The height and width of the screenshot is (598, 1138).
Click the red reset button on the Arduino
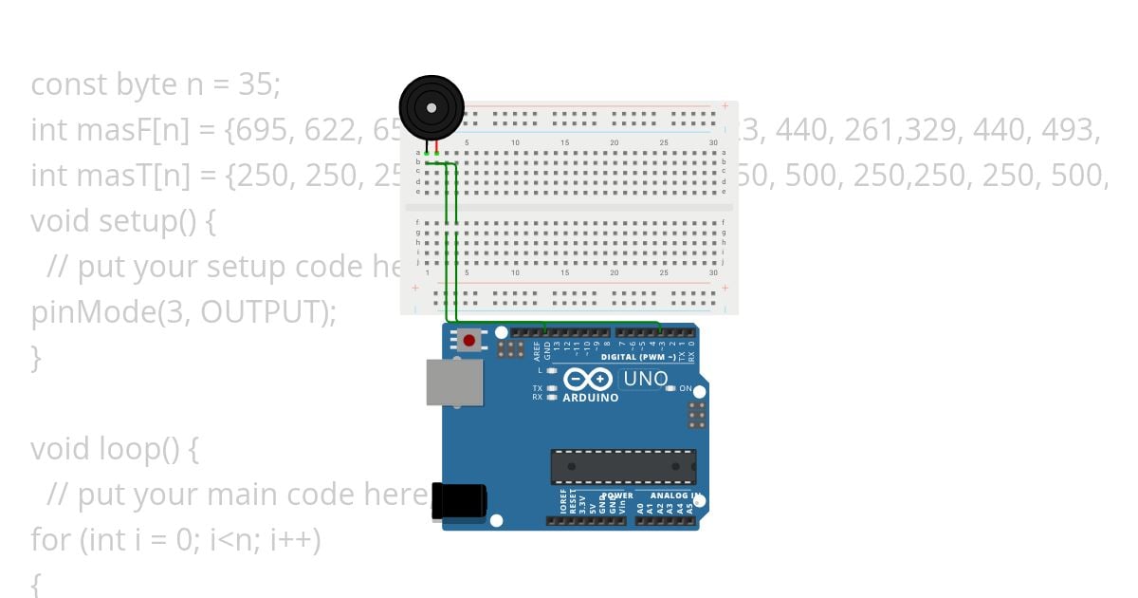pyautogui.click(x=468, y=340)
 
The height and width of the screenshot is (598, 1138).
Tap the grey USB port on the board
pyautogui.click(x=453, y=383)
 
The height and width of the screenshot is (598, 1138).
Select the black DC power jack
pyautogui.click(x=459, y=501)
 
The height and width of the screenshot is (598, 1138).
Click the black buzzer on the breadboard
pyautogui.click(x=431, y=107)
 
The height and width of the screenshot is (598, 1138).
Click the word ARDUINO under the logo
pyautogui.click(x=590, y=399)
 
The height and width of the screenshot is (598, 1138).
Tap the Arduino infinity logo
pyautogui.click(x=588, y=380)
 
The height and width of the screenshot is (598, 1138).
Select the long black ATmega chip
pyautogui.click(x=623, y=466)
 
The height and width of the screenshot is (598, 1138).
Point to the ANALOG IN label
pyautogui.click(x=674, y=495)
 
